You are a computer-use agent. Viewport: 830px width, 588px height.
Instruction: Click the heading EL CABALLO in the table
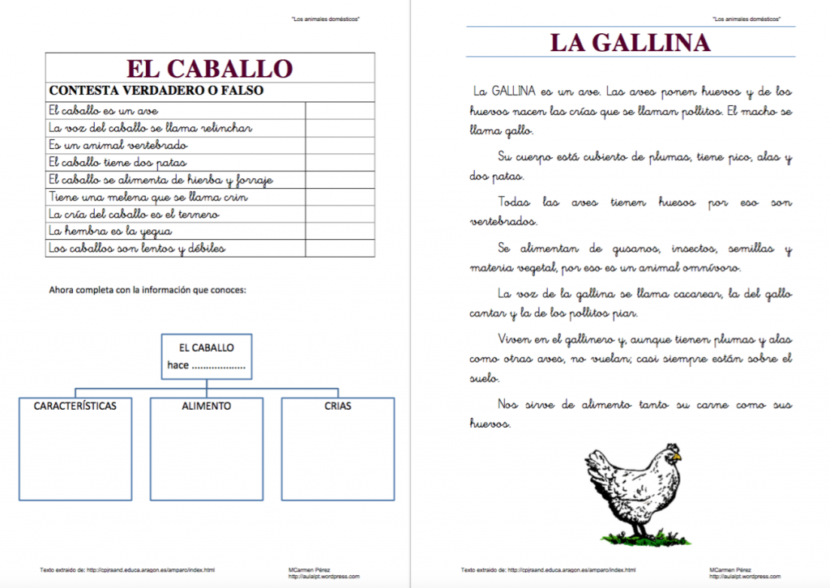210,68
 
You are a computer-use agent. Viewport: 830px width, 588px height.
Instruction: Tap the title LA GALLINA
630,43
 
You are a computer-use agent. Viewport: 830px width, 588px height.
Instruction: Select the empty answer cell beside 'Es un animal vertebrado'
340,145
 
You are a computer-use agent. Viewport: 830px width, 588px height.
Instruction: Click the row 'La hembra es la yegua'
109,231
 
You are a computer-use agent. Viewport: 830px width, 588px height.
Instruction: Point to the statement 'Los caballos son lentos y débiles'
136,248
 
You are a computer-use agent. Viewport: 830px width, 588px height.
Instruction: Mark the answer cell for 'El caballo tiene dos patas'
340,162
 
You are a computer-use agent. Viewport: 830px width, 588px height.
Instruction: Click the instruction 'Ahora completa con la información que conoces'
148,290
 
